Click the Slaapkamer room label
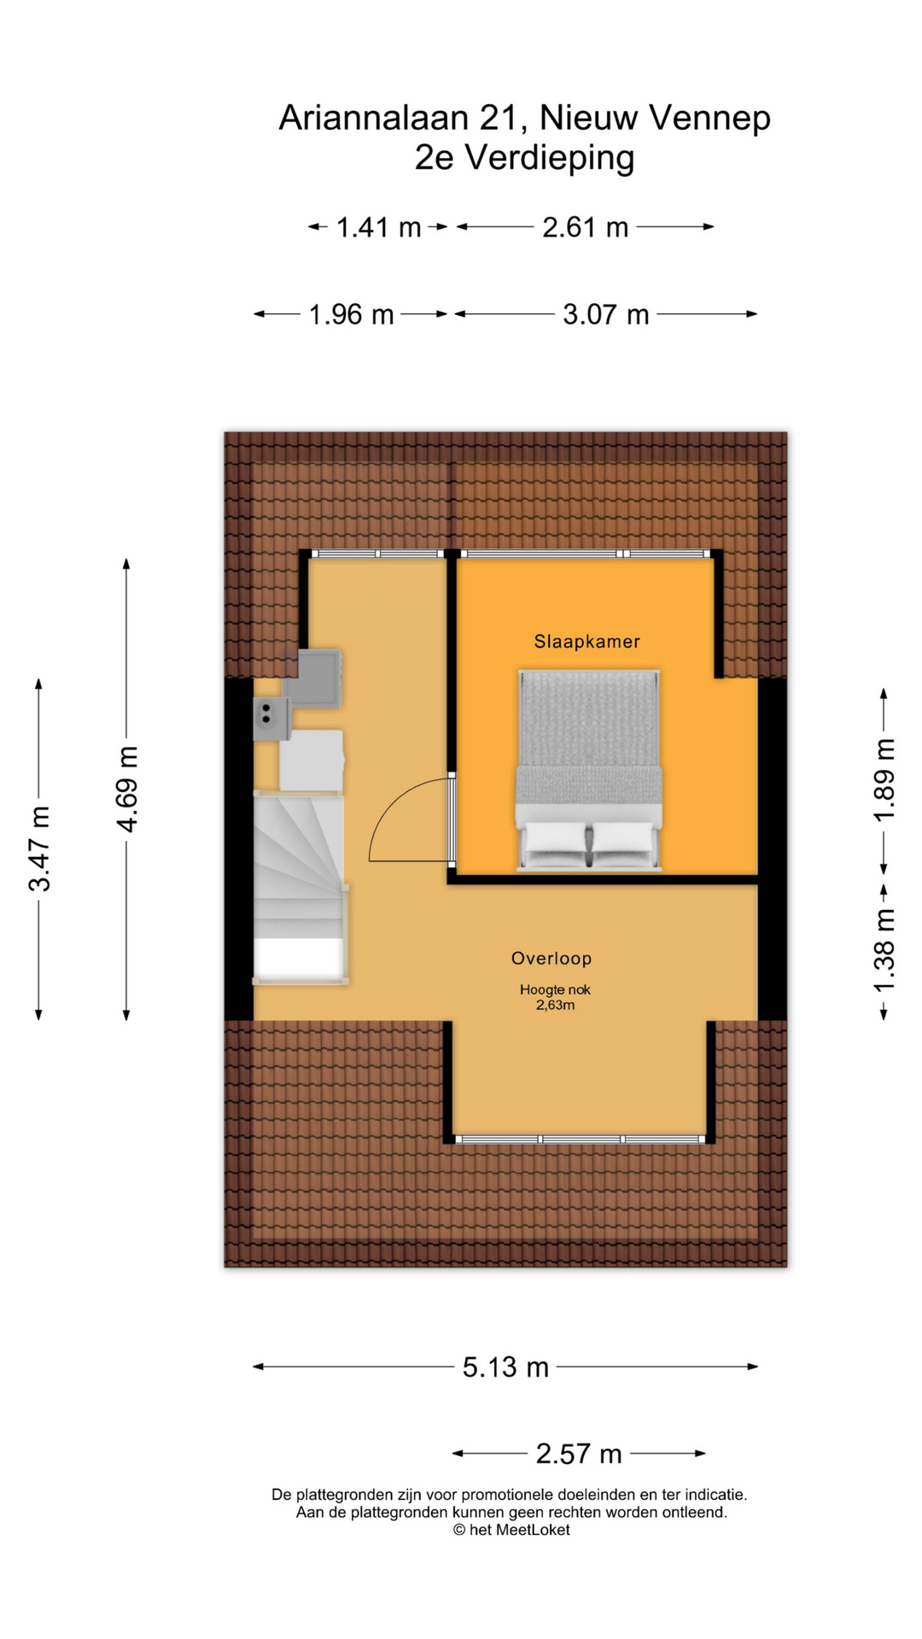pos(586,641)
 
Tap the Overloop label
pos(551,958)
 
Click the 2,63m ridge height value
pos(555,1006)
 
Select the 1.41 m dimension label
pos(378,227)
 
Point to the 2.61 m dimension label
pos(586,227)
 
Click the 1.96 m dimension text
pos(351,315)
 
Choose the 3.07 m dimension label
pos(606,315)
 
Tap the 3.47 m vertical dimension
pos(39,848)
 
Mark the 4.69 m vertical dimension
pos(127,789)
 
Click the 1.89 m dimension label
pos(884,780)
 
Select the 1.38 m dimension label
pos(884,951)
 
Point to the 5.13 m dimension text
pos(505,1367)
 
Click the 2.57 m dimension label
pos(579,1454)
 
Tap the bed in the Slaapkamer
pos(589,768)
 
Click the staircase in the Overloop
pos(299,888)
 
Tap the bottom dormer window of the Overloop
pos(581,1139)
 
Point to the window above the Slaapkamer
pos(585,554)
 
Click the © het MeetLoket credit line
pos(511,1530)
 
